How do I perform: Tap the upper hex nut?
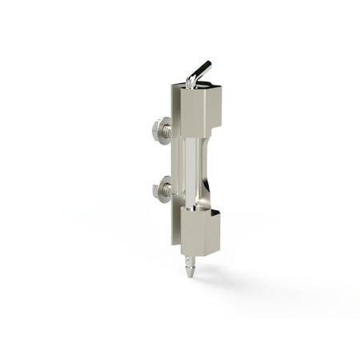[159, 129]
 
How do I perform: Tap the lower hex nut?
[159, 190]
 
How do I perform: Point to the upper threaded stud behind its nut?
[168, 129]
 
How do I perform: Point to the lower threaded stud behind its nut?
[168, 190]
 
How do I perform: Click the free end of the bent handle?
[207, 64]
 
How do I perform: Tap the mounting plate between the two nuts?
[174, 160]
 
